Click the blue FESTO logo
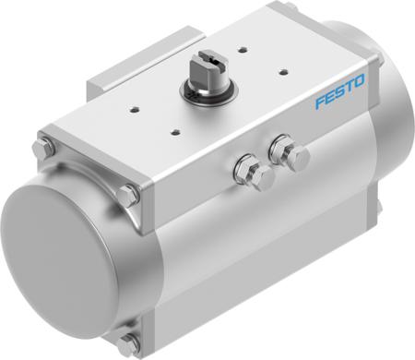point(341,93)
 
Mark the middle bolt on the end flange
point(128,195)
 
